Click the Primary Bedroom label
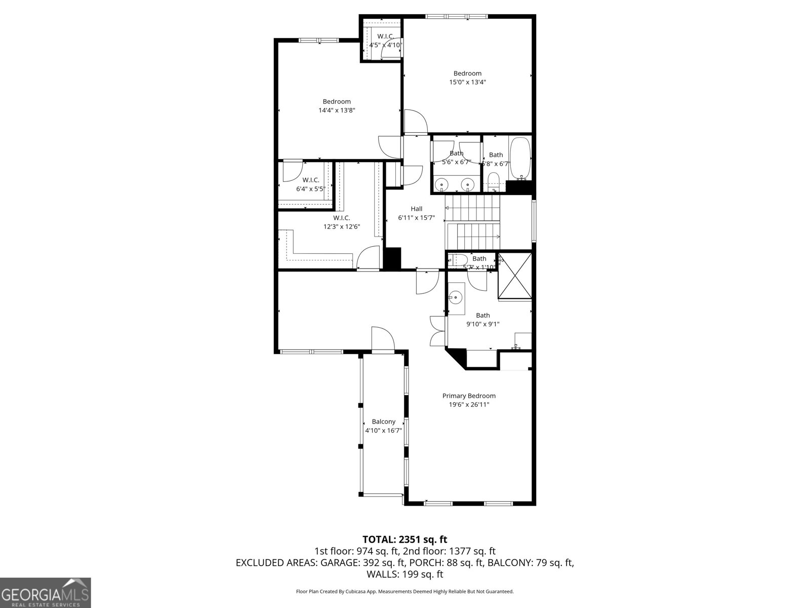click(469, 396)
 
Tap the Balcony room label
click(383, 422)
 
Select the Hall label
click(416, 209)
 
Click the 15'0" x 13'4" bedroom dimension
click(467, 82)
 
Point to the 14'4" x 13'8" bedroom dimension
click(337, 110)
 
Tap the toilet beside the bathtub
click(493, 181)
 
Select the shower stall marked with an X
click(515, 276)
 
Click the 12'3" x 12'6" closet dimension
click(342, 226)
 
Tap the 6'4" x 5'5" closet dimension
click(310, 189)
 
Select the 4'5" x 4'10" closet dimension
click(386, 45)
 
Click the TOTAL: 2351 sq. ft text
click(404, 540)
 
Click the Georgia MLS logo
click(46, 592)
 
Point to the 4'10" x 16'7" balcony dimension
click(383, 431)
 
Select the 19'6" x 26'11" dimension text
click(469, 404)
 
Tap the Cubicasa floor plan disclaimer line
click(404, 591)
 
